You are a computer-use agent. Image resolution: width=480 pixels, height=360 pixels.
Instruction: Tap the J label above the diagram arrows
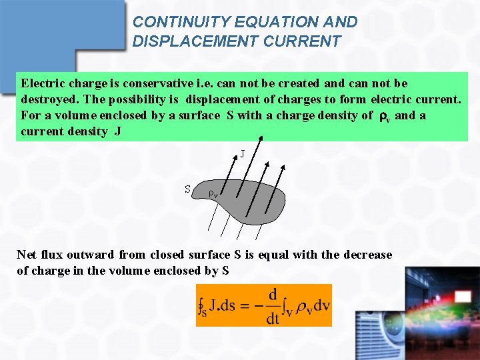tap(242, 154)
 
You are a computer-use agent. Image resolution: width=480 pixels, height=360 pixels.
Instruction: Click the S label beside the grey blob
tap(188, 189)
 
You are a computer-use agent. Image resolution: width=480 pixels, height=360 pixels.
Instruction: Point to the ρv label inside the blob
tap(213, 194)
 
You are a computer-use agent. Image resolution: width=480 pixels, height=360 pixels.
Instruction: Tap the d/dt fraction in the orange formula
tap(273, 306)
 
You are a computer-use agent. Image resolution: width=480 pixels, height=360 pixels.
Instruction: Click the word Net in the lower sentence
tap(27, 255)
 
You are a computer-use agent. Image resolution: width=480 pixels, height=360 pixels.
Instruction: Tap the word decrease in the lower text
tap(367, 255)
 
